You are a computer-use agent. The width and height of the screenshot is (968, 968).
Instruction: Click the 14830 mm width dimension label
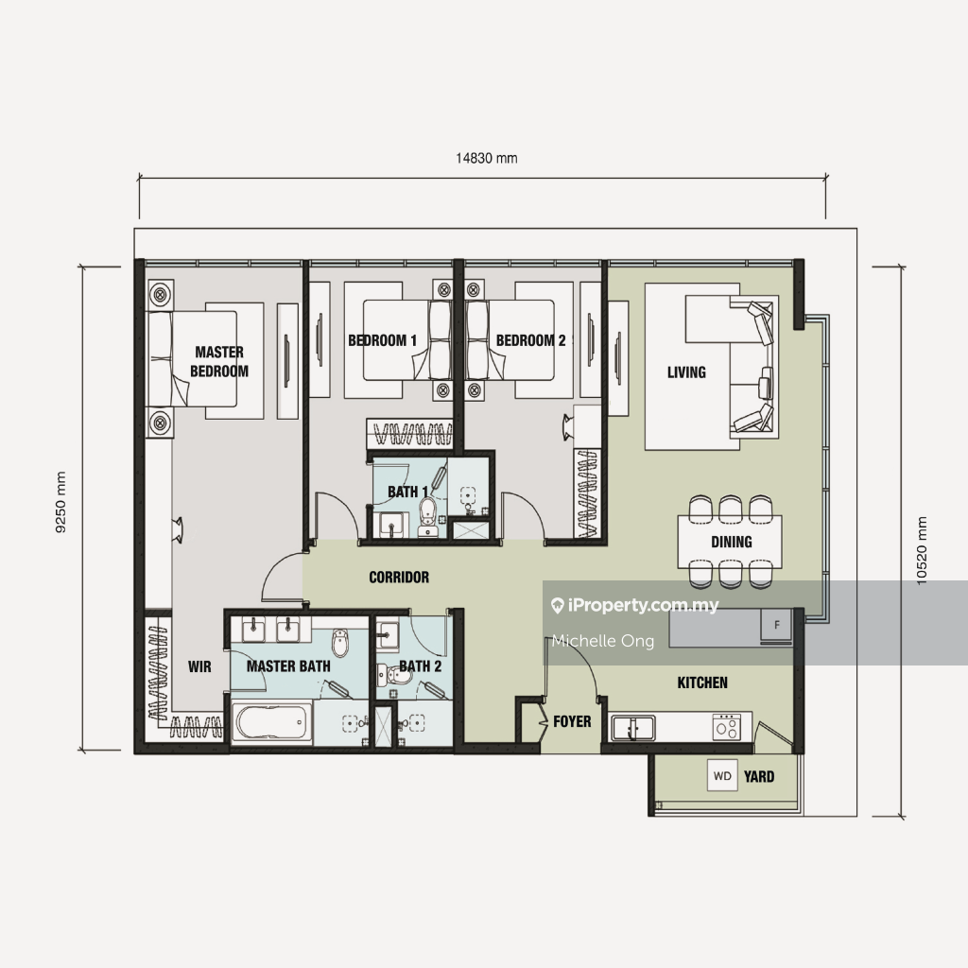pyautogui.click(x=487, y=158)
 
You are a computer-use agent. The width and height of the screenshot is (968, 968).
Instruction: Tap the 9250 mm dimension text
pyautogui.click(x=60, y=501)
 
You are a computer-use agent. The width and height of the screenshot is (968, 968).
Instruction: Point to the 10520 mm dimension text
pyautogui.click(x=921, y=551)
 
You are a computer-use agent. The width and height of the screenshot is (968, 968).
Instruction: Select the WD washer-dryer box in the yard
pyautogui.click(x=722, y=776)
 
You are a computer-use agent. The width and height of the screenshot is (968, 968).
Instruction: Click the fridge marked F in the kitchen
pyautogui.click(x=777, y=625)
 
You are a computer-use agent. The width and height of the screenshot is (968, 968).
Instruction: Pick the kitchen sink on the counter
pyautogui.click(x=633, y=727)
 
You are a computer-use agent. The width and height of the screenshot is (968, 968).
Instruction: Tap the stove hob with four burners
pyautogui.click(x=727, y=727)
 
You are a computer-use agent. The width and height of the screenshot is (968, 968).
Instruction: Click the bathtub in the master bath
pyautogui.click(x=271, y=721)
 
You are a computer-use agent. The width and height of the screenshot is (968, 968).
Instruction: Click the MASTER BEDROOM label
pyautogui.click(x=219, y=361)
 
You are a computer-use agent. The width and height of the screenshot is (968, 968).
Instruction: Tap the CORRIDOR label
pyautogui.click(x=399, y=578)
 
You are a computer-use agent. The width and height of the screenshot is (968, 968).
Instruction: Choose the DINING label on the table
pyautogui.click(x=732, y=542)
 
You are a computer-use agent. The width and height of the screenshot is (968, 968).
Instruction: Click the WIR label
pyautogui.click(x=199, y=666)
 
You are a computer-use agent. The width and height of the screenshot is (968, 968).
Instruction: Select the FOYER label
pyautogui.click(x=572, y=721)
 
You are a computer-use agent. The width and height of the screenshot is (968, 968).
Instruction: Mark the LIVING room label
pyautogui.click(x=686, y=372)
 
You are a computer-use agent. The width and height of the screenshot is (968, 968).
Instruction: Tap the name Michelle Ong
pyautogui.click(x=603, y=641)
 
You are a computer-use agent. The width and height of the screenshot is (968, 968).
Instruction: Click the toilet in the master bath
pyautogui.click(x=340, y=642)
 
